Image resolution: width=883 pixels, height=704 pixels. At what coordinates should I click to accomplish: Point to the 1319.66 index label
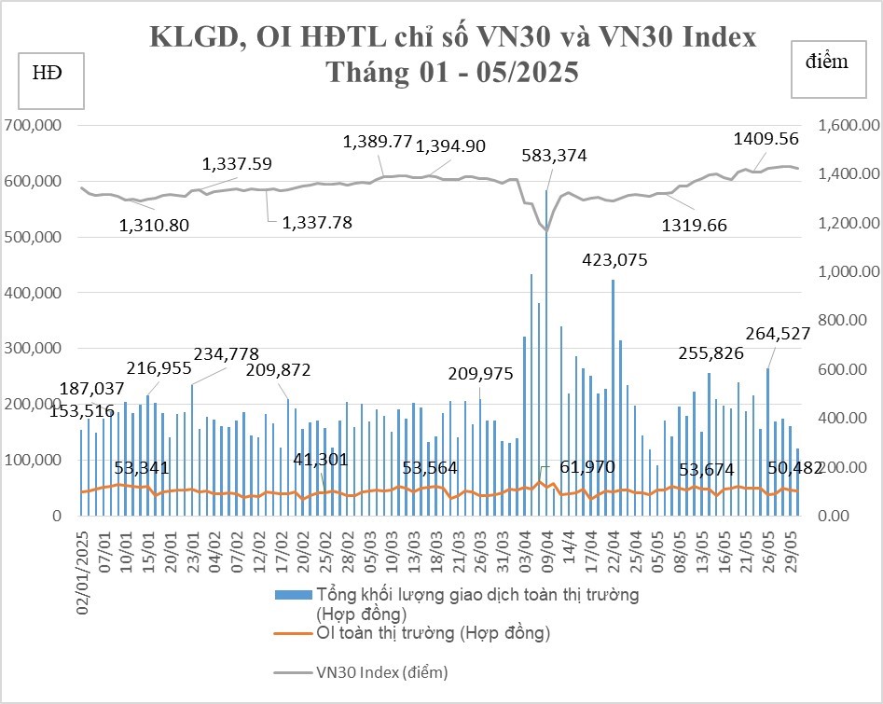694,225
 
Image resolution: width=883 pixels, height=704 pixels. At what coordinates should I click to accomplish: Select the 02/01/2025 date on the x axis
84,572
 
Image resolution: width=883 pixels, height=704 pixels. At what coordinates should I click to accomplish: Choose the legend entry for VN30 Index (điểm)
382,672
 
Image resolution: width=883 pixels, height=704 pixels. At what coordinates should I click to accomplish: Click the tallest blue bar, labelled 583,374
546,354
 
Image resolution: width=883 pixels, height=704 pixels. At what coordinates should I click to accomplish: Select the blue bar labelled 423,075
613,396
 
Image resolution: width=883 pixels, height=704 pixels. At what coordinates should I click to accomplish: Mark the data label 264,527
778,334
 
